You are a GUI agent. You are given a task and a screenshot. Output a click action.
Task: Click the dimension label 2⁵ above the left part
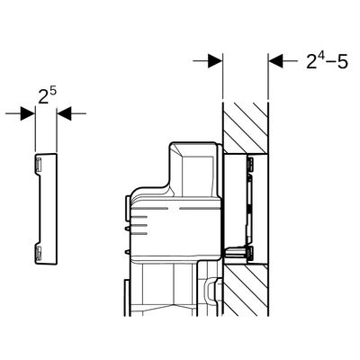(47, 95)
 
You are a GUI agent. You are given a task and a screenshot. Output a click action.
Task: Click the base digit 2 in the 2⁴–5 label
(312, 62)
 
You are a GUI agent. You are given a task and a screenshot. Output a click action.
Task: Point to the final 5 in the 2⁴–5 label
(342, 62)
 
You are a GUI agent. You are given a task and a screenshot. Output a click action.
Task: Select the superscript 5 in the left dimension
(53, 92)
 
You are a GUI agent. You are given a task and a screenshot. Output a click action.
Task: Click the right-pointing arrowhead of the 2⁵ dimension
(28, 113)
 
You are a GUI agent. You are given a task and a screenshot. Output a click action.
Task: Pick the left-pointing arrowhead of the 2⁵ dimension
(64, 113)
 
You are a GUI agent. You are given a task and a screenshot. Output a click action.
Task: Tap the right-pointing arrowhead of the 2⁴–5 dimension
(215, 61)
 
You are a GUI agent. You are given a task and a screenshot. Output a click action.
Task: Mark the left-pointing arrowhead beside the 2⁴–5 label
(275, 61)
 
